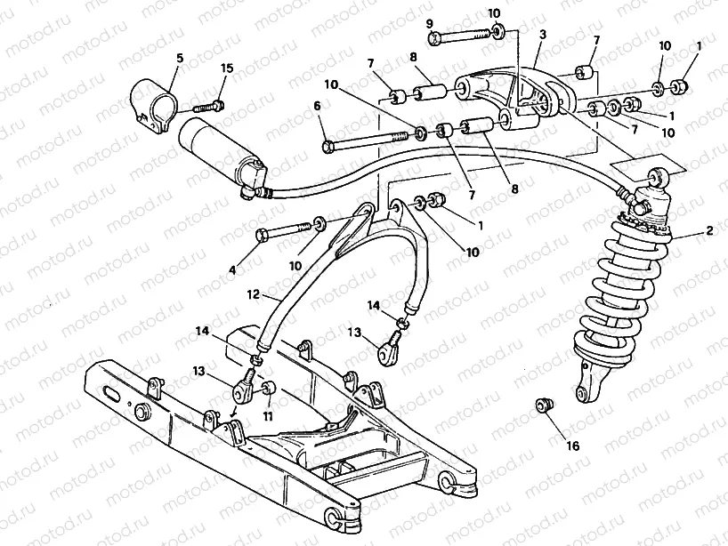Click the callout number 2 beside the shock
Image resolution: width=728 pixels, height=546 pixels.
click(709, 231)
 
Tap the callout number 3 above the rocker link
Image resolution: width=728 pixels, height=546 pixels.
click(542, 35)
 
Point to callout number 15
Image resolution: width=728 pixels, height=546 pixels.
click(226, 68)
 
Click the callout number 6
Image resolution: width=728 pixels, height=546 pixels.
click(316, 106)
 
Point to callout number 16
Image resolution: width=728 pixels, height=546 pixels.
click(572, 446)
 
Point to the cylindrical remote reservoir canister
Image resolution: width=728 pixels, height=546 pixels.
click(218, 151)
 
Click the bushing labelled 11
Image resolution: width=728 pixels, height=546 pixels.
click(268, 389)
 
